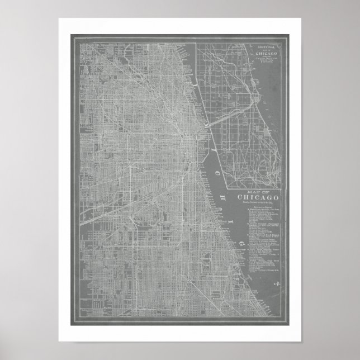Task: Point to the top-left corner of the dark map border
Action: (x=70, y=35)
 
